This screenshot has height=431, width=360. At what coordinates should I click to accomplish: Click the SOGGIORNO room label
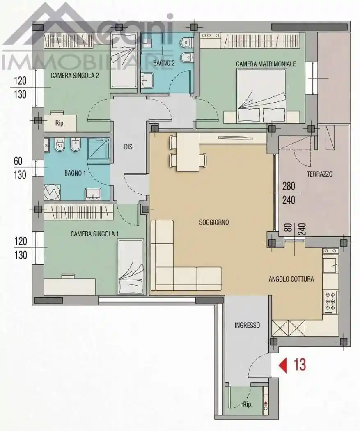tap(214, 222)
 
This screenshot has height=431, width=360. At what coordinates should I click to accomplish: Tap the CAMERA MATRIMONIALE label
tap(266, 64)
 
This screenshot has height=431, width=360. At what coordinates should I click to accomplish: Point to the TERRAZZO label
tap(320, 174)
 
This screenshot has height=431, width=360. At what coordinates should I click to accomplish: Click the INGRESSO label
tap(247, 325)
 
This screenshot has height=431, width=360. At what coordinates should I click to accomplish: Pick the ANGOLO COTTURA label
tap(291, 279)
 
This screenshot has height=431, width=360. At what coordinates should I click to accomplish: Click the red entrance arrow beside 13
tap(283, 365)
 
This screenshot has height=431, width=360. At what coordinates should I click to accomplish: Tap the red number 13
tap(300, 365)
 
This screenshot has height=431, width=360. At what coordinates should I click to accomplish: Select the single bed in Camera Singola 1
tap(131, 267)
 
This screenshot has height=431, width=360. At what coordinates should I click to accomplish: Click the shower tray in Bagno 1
tap(99, 149)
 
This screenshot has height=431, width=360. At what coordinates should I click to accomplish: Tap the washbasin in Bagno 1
tap(93, 194)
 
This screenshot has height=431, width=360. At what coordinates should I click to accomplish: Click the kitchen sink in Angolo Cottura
tap(330, 265)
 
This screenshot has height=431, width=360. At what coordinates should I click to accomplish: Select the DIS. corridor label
tap(128, 147)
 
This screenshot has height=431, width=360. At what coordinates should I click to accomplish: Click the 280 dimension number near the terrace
tap(289, 186)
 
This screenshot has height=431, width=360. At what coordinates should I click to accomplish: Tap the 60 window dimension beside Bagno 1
tap(18, 161)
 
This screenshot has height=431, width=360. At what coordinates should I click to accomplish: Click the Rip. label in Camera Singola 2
tap(60, 123)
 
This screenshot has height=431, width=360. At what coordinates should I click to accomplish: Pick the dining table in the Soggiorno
tap(188, 152)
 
